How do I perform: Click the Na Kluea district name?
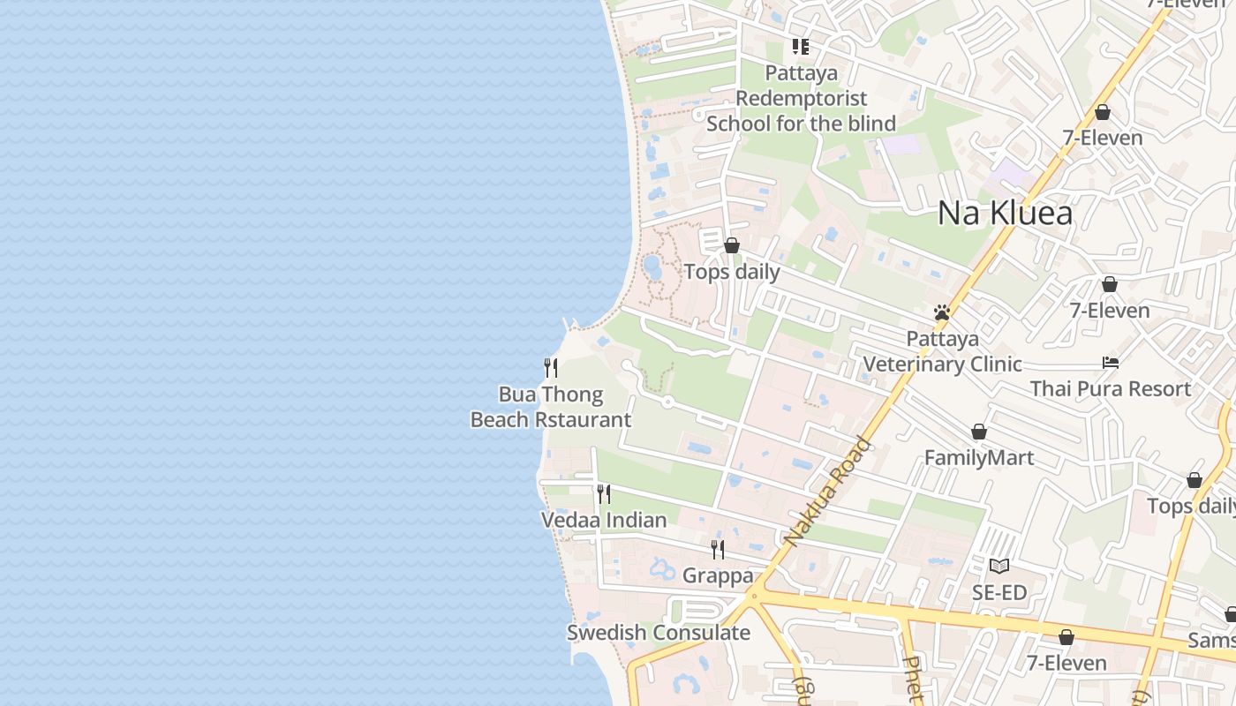pos(1005,213)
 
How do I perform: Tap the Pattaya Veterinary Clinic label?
pos(942,351)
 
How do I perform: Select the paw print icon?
pos(942,312)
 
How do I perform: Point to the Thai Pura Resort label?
pos(1111,388)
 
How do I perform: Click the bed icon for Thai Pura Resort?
pos(1111,363)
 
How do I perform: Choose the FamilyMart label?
pos(978,457)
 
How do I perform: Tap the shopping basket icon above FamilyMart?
pos(978,432)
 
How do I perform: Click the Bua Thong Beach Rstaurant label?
pos(551,407)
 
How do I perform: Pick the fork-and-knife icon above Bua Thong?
pos(551,367)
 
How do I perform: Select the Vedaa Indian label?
pos(604,520)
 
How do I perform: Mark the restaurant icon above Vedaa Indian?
pos(604,494)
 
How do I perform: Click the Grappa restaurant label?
pos(718,575)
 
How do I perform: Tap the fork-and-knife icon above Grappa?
pos(718,550)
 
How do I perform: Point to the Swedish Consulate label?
pos(659,633)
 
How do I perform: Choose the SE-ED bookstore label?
pos(999,592)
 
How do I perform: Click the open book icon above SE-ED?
pos(999,566)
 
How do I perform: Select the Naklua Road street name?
pos(827,492)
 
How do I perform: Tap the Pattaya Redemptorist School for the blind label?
pos(802,98)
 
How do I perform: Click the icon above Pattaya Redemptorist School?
pos(801,46)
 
